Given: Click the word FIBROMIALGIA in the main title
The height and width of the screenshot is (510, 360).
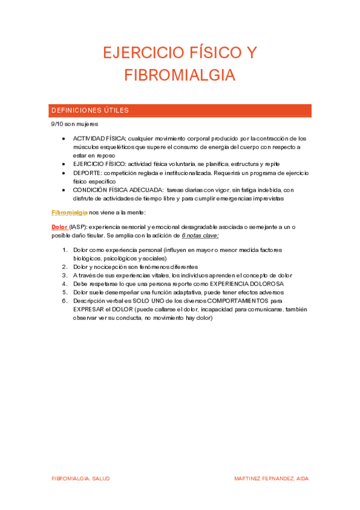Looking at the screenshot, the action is point(180,75).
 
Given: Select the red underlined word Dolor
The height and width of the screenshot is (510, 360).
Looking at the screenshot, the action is point(59,226).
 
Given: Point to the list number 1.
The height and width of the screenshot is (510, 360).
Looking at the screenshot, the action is point(65,250).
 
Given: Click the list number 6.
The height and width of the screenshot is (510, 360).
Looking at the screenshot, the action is point(65,300).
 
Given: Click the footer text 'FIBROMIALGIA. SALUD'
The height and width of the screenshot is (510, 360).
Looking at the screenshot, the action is point(81,478).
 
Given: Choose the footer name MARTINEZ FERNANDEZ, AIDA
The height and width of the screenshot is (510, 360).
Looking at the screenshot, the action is point(272,478).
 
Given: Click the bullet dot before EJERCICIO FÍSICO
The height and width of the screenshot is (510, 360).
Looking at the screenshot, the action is point(65,164).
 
